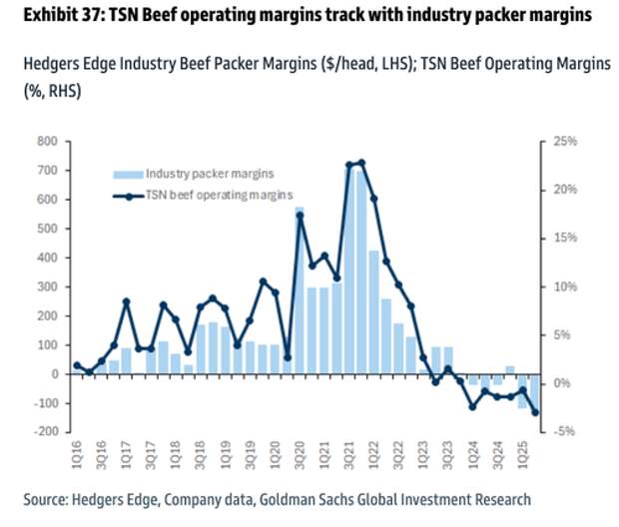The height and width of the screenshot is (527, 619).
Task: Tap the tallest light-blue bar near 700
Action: [360, 269]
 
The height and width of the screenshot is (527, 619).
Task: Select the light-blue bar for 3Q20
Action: [299, 290]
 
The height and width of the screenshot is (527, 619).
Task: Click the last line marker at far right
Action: [535, 412]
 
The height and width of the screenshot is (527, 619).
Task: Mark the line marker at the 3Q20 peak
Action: [299, 216]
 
